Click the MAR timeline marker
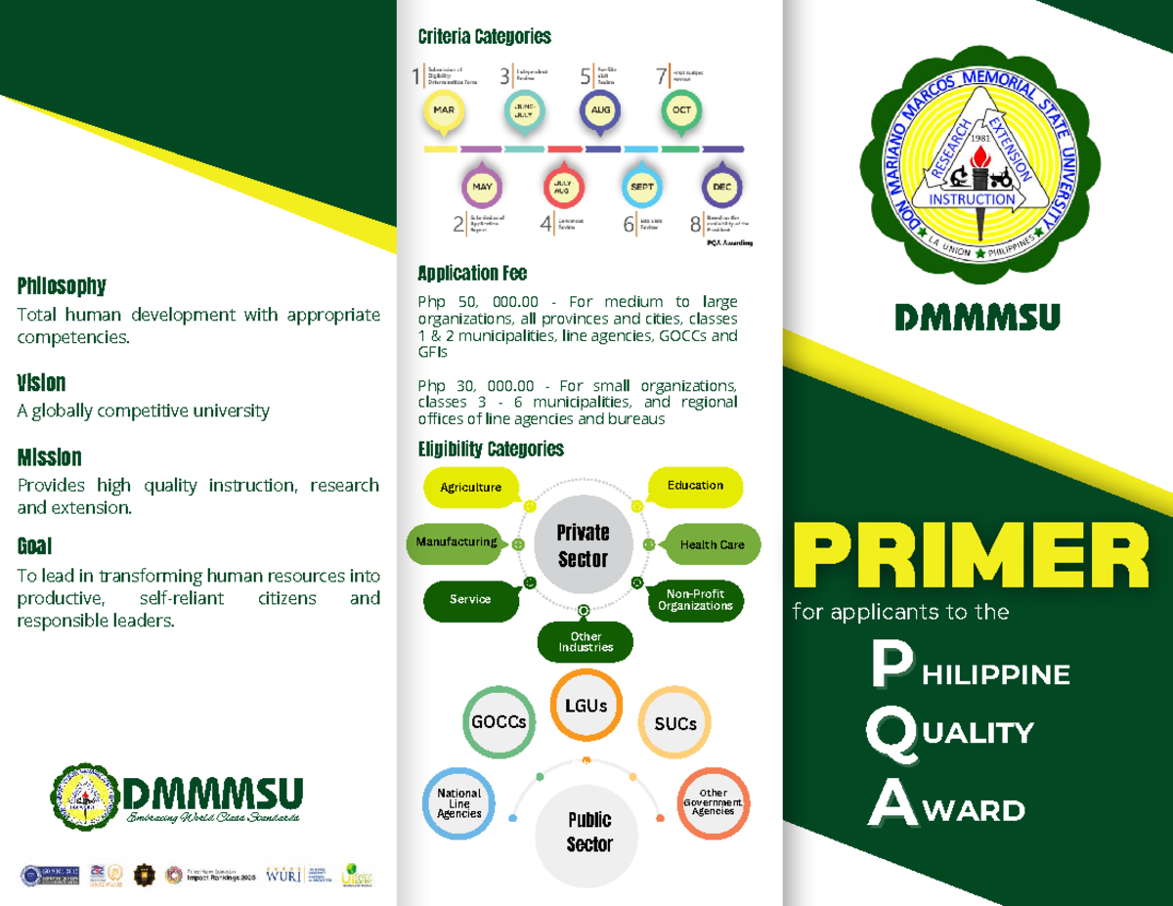pos(443,111)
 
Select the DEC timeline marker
pos(722,186)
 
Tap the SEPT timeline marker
pos(641,186)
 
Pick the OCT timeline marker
pos(681,111)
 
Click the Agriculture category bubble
pos(471,487)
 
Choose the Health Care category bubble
pos(713,544)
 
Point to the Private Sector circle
pos(583,545)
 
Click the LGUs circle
pos(585,706)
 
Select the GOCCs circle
pos(499,722)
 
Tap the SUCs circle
pos(675,724)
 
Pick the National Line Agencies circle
pos(459,803)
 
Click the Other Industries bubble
pos(586,642)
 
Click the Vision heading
pos(41,382)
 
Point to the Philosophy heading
pos(61,286)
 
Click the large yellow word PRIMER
pos(970,555)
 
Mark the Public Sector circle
pos(589,832)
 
